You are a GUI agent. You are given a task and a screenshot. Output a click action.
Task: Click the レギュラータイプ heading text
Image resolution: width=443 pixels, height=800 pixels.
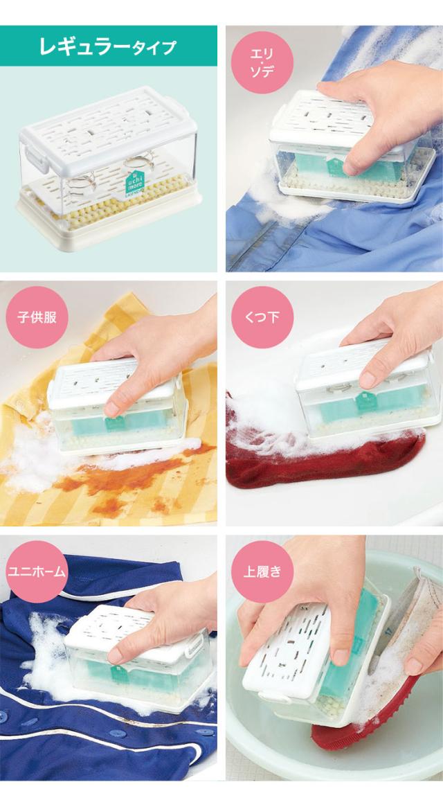107,46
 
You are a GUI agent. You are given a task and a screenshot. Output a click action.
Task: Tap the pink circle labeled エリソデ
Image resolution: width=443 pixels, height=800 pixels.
262,62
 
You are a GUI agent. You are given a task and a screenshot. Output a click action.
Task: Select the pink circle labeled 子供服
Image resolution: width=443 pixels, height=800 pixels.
37,317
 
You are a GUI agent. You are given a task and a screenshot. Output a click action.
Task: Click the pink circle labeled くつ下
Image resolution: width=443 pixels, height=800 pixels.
262,317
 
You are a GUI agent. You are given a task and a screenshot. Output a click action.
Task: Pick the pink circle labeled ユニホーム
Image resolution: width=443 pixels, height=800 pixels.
37,571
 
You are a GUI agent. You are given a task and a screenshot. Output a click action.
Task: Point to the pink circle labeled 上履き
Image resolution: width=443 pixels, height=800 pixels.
262,571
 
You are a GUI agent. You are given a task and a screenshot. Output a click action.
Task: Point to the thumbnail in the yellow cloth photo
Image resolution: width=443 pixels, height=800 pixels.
111,409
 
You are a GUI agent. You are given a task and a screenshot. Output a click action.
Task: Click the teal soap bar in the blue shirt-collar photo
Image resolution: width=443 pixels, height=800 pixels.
352,166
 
